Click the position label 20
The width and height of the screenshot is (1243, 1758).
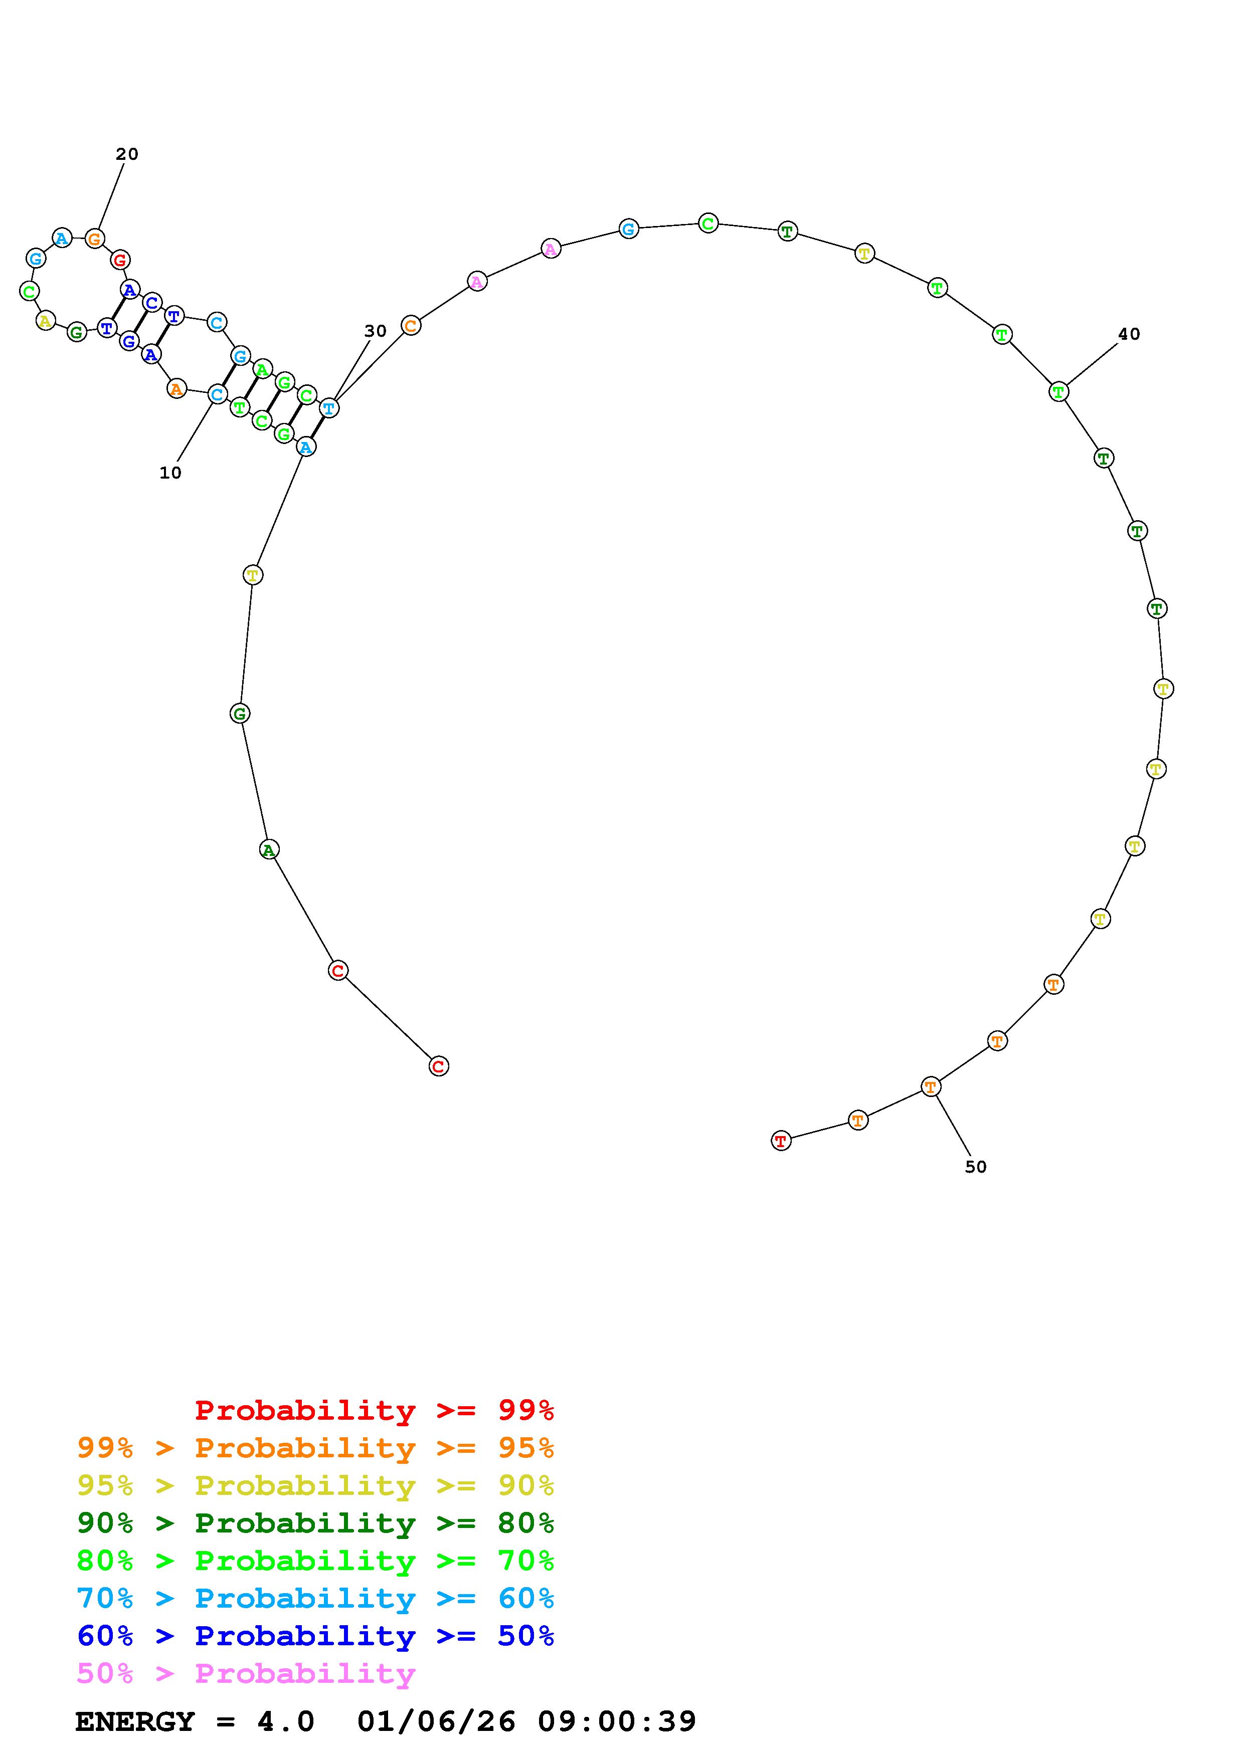127,154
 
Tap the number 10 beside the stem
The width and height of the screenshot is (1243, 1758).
170,473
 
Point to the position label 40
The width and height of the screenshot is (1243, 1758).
1129,334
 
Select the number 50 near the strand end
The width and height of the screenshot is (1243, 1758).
975,1167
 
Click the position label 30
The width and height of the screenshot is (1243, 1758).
375,331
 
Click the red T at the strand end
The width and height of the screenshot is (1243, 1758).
780,1141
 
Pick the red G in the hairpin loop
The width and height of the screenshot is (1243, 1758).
119,260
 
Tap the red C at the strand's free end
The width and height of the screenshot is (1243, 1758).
438,1066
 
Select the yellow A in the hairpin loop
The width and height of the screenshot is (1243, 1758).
46,321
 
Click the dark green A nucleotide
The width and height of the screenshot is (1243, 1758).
269,849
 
